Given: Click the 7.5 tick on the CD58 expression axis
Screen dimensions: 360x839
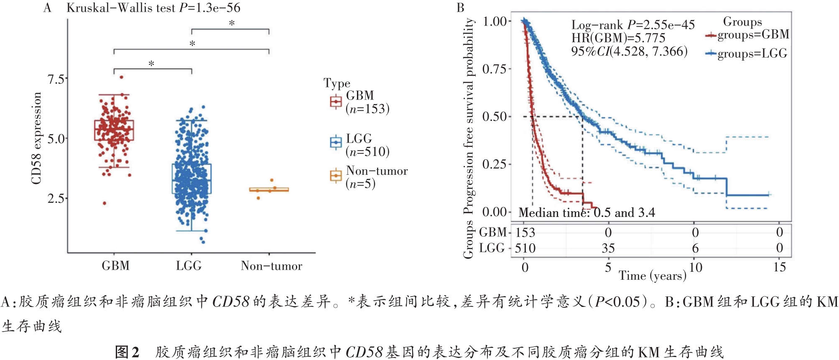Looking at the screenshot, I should tap(56, 79).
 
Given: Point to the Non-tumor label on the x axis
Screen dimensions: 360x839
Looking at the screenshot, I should tap(271, 266).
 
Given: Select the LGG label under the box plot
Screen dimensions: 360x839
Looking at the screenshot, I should tap(189, 266).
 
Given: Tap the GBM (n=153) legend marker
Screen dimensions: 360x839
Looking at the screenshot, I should tap(336, 102).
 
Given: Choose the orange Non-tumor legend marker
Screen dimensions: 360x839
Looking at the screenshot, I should tap(336, 176).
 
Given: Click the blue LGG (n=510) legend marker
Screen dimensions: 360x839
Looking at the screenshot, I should tap(336, 143).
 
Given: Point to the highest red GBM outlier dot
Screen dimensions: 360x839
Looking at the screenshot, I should tap(122, 77).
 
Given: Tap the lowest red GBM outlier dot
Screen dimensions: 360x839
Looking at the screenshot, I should tap(105, 203).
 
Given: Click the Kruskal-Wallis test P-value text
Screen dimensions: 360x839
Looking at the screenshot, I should tap(153, 8).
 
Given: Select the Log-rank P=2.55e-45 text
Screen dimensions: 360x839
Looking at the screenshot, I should tap(632, 25).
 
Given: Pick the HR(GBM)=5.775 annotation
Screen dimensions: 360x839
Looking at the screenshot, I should tap(618, 38).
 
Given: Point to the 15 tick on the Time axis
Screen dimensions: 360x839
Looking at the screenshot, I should tap(779, 267).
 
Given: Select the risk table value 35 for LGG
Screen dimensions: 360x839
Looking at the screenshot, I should tap(608, 248).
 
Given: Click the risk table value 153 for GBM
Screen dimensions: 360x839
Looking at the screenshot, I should tap(525, 232).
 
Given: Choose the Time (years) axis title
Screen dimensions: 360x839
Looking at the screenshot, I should tap(652, 276).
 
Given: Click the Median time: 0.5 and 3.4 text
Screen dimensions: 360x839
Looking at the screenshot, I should tap(587, 213).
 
